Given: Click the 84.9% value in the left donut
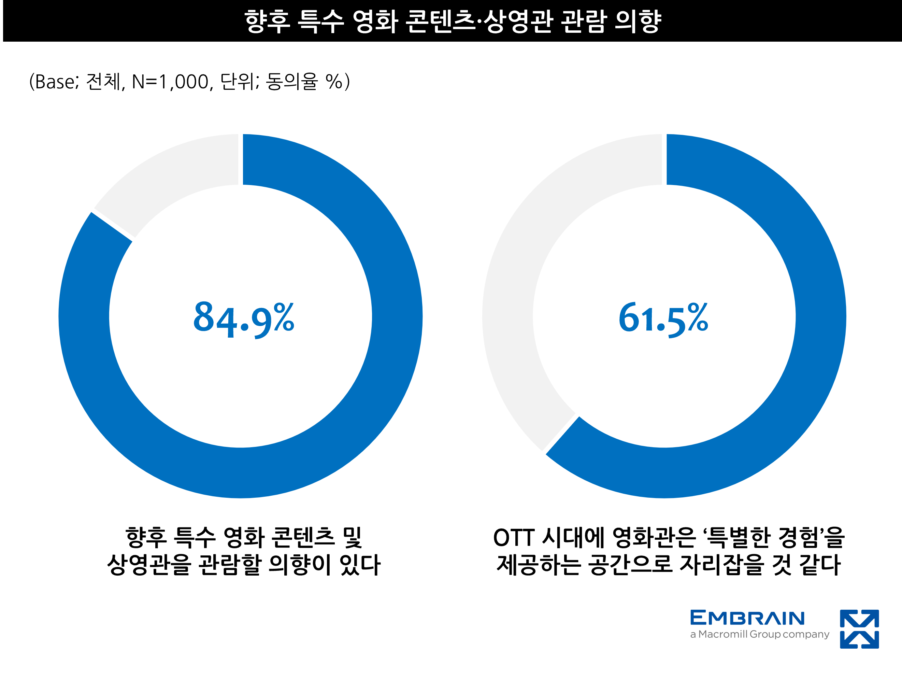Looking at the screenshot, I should coord(243,319).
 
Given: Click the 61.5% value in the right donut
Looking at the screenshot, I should coord(663,319).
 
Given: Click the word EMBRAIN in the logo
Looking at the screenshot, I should coord(747,618).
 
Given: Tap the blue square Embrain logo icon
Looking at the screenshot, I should coord(859,629).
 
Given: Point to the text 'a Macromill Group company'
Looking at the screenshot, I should coord(759,635).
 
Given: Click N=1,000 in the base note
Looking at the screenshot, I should coord(170,82).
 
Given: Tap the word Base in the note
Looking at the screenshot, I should coord(55,82).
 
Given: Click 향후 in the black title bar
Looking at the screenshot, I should coord(267,21).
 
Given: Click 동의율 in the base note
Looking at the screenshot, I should coord(291,82).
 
